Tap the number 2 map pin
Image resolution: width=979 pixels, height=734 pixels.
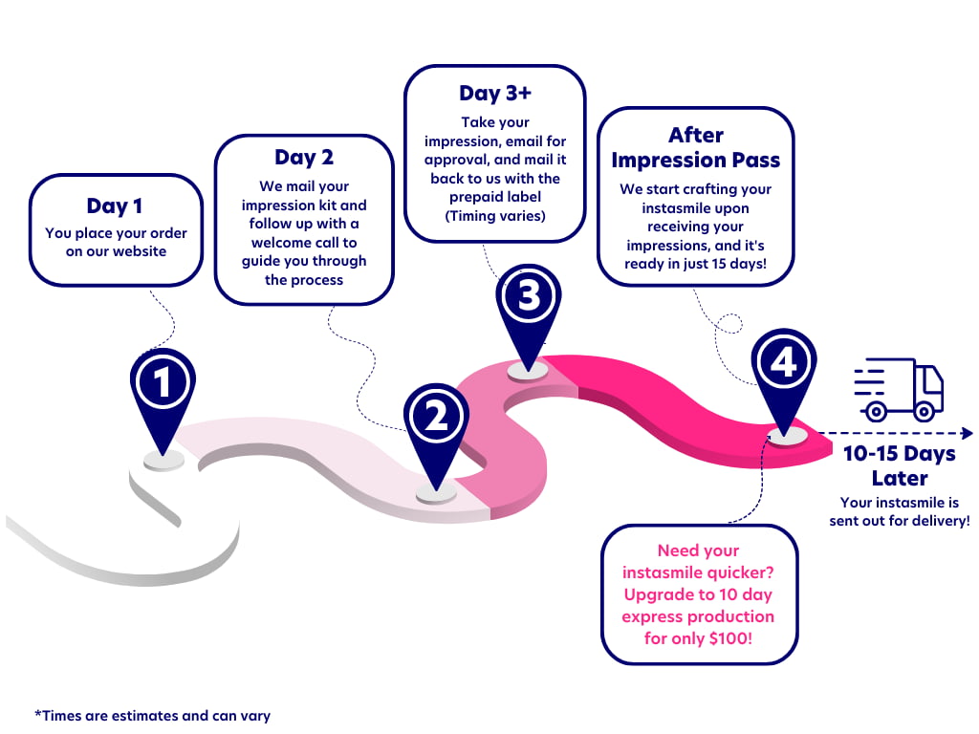pos(436,417)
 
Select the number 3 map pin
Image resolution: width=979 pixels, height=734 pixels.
pos(528,297)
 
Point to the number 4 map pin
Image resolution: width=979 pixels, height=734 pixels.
pos(783,364)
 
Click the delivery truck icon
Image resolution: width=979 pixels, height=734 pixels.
pos(898,390)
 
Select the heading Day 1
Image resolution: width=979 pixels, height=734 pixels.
pos(116,206)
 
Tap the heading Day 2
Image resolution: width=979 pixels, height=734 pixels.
pos(303,157)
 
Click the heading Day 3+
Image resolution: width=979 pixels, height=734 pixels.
pos(494,93)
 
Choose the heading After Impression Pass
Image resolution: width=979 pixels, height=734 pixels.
pos(695,147)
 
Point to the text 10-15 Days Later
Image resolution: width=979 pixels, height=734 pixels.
pos(899,464)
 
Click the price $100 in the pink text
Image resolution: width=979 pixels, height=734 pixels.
pos(726,637)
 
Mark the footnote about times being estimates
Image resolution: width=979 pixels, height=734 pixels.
pos(152,715)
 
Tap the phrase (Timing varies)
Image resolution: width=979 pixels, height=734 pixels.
pos(495,216)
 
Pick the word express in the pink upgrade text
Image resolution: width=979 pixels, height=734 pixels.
pos(650,616)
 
